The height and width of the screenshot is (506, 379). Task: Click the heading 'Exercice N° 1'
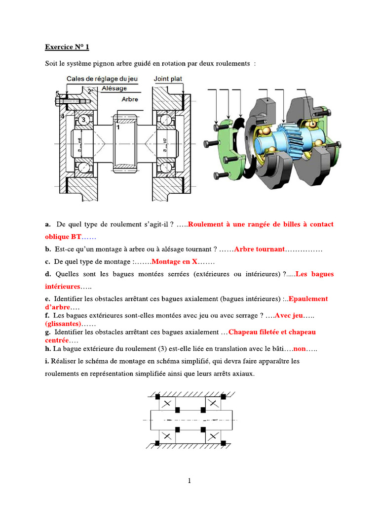pos(67,47)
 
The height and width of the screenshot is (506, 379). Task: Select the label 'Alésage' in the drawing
pos(114,88)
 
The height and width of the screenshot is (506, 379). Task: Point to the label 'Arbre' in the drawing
pos(129,99)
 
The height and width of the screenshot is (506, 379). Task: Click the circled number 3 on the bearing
pos(83,120)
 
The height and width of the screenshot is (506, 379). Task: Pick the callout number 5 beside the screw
pos(58,93)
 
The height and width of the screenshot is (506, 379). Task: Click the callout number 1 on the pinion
pos(118,127)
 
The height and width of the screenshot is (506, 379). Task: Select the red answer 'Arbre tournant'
pos(259,249)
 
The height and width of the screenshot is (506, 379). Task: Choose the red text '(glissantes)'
pos(63,324)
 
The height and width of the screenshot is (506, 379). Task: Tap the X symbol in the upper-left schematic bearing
pos(166,404)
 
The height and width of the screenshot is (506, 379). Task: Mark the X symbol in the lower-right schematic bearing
pos(213,436)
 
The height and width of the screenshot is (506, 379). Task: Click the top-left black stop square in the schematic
pos(157,396)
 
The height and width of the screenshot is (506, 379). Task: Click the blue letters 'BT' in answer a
pos(76,237)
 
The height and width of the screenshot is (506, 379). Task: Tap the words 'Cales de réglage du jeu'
pos(102,79)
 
